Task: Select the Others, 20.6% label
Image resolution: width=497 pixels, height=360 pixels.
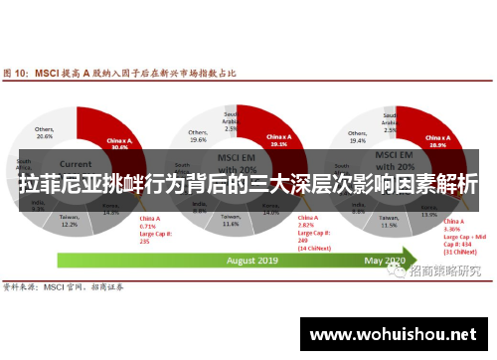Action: tap(44, 132)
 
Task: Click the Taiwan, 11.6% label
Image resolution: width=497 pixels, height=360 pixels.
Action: tap(231, 221)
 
